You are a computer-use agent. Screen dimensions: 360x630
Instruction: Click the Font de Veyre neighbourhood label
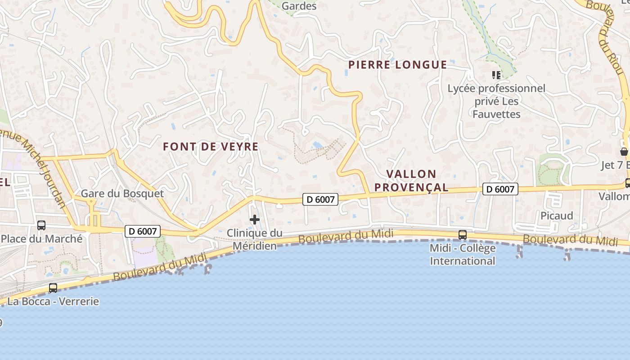coord(211,147)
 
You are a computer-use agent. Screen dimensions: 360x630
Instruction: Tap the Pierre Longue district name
coord(398,65)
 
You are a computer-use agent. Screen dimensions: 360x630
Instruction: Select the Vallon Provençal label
coord(411,180)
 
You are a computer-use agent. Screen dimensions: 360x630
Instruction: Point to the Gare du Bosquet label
coord(122,193)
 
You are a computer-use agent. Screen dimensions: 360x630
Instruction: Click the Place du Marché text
coord(42,238)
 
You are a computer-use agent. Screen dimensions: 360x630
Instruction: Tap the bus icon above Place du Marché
coord(41,225)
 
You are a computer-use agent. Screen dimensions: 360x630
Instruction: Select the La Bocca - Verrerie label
coord(53,301)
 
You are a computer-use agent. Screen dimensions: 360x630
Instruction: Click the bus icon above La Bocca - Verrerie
coord(53,288)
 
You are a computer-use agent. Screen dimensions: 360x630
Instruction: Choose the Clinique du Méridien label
coord(255,239)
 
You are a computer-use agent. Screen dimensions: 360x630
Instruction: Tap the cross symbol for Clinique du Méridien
coord(255,220)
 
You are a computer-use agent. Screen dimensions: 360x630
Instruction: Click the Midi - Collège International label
coord(463,254)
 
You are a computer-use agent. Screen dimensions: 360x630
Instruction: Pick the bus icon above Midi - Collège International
coord(463,234)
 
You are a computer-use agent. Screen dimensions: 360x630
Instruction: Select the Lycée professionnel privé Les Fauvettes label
coord(496,101)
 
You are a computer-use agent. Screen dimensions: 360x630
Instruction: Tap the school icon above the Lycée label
coord(496,75)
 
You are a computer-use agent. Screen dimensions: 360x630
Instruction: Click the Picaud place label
coord(557,216)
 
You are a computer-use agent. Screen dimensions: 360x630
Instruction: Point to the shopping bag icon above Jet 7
coord(624,152)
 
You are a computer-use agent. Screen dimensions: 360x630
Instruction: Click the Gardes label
coord(299,6)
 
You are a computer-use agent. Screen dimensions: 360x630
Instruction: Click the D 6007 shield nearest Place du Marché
coord(143,231)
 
